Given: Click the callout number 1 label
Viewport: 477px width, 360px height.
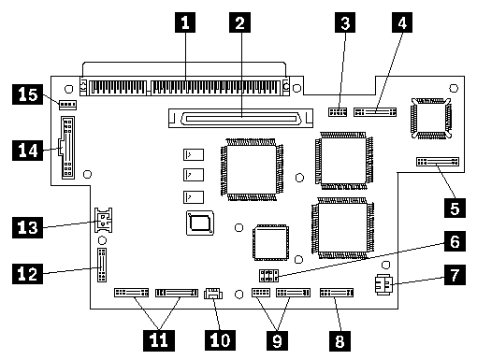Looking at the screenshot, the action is [x=185, y=22].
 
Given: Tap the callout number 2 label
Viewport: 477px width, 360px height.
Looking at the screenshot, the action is [x=239, y=22].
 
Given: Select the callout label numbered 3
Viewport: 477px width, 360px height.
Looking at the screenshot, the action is [x=345, y=22].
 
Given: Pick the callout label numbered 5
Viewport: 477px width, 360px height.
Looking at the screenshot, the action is [x=455, y=208].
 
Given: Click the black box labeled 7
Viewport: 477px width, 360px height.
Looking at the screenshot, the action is [x=455, y=275].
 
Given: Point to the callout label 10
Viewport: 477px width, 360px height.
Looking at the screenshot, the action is [x=220, y=340].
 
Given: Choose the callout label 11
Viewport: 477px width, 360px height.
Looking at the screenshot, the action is [x=159, y=340].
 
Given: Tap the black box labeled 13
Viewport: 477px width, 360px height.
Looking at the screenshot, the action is [x=27, y=228].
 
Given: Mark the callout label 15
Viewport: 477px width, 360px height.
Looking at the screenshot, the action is [x=27, y=94].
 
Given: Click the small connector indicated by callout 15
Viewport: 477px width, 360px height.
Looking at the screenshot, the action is [x=67, y=105].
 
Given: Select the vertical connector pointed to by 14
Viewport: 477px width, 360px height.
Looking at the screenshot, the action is [x=67, y=148].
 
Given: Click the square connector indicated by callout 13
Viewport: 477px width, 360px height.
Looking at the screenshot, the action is [x=103, y=220].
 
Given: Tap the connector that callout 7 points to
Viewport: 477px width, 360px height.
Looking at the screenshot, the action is [x=384, y=284].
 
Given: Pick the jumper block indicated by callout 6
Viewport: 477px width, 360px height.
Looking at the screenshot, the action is [x=268, y=276].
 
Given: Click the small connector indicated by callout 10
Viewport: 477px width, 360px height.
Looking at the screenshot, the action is [x=213, y=294].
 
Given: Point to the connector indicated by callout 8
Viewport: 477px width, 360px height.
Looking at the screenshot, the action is [x=337, y=293].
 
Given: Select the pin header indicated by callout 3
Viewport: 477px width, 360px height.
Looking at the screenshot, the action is [x=338, y=112].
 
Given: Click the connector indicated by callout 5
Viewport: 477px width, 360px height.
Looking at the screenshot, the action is [x=438, y=162].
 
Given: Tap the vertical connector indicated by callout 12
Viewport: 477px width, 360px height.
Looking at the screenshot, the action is [x=102, y=265].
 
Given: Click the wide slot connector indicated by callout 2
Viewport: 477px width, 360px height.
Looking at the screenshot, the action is [x=240, y=118].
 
